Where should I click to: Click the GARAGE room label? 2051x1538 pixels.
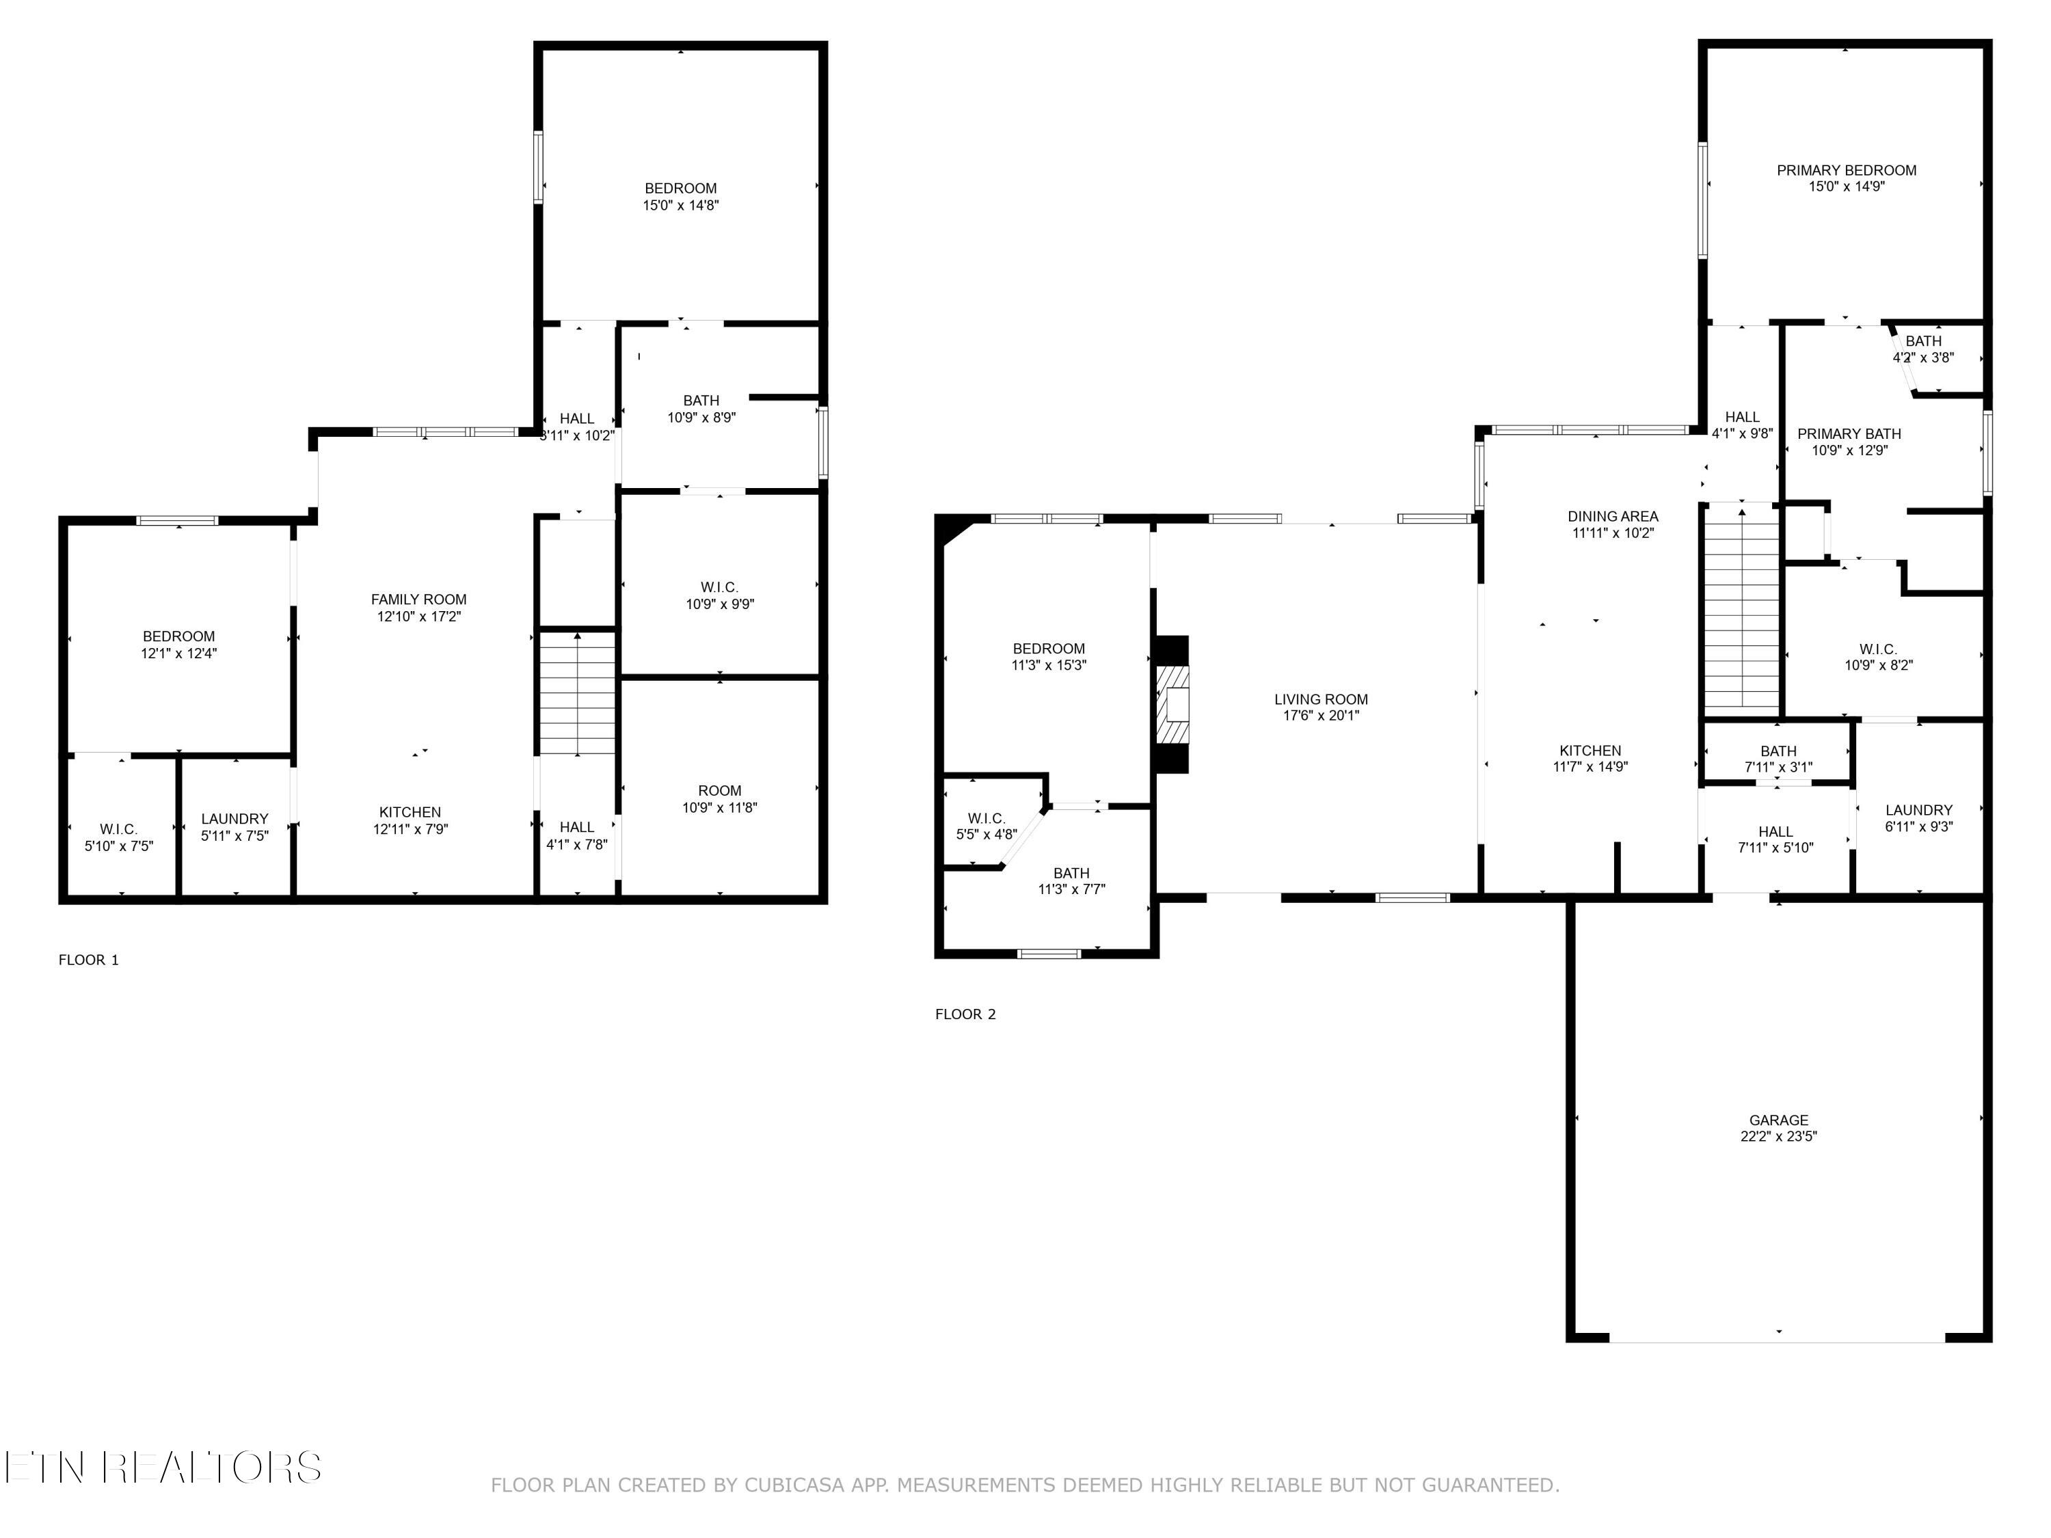pos(1778,1120)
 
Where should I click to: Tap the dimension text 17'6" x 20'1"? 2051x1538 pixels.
pos(1320,716)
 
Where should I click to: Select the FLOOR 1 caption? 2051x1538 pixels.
pos(89,960)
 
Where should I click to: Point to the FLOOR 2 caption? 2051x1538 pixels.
pos(965,1014)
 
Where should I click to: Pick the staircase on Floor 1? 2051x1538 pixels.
pos(578,692)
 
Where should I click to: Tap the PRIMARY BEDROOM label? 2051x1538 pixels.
pos(1846,171)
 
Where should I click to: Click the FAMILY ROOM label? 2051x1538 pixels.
pos(419,599)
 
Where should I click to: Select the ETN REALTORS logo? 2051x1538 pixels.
pos(163,1468)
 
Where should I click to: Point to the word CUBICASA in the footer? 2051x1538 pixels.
pos(794,1485)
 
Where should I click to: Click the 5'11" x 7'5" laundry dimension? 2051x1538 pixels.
pos(234,836)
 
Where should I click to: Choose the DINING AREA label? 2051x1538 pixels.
pos(1612,516)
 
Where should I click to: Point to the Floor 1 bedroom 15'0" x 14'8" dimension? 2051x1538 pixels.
pos(680,206)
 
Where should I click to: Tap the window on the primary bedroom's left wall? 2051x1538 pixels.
pos(1703,200)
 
